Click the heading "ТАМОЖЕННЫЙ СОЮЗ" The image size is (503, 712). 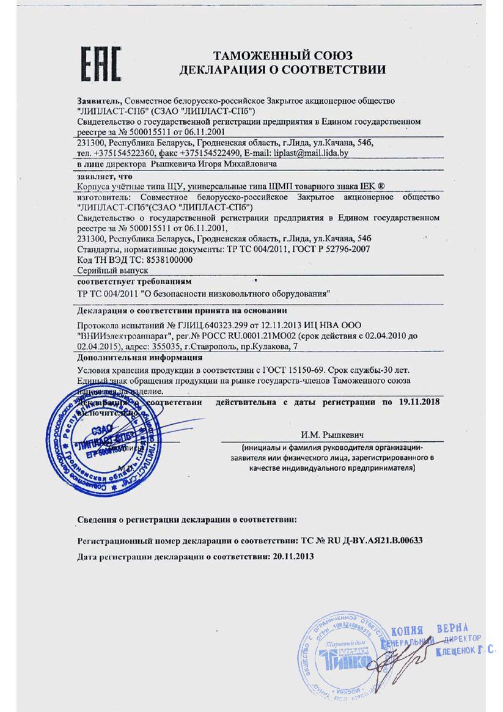(282, 56)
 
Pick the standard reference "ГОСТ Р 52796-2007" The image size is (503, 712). (330, 249)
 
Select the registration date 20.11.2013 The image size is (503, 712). (292, 557)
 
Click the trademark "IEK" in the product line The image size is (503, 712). (369, 186)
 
